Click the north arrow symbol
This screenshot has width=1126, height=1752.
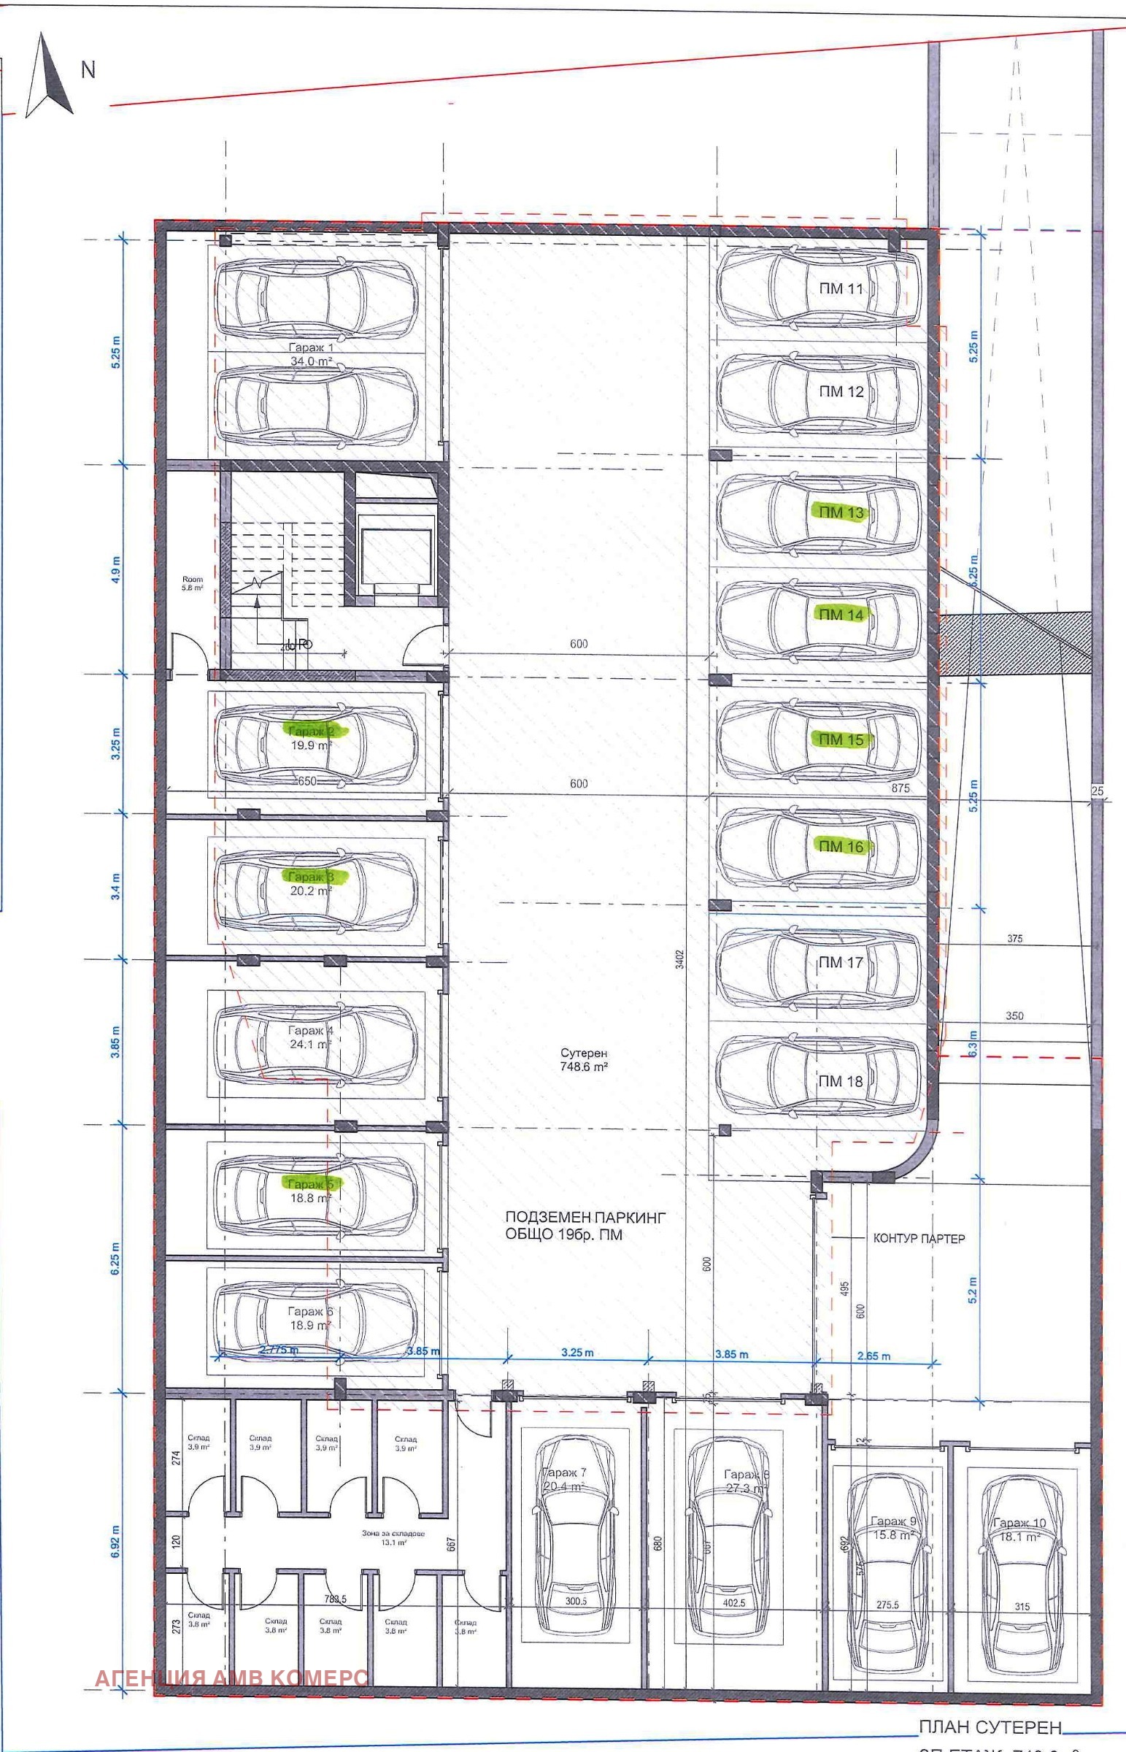tap(48, 77)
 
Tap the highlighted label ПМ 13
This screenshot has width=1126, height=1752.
tap(841, 512)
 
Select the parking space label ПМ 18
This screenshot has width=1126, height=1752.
tap(840, 1080)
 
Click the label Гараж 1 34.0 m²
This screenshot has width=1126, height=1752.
tap(312, 355)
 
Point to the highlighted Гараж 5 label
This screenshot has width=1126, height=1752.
tap(311, 1183)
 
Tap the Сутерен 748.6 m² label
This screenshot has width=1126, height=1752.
tap(584, 1059)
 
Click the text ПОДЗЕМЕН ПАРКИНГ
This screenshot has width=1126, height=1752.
tap(585, 1218)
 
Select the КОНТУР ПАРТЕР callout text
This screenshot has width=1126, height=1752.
tap(919, 1239)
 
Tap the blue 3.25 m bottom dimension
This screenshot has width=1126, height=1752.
tap(577, 1353)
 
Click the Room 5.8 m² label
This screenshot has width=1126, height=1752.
tap(193, 583)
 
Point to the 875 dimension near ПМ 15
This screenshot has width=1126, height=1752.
tap(900, 788)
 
